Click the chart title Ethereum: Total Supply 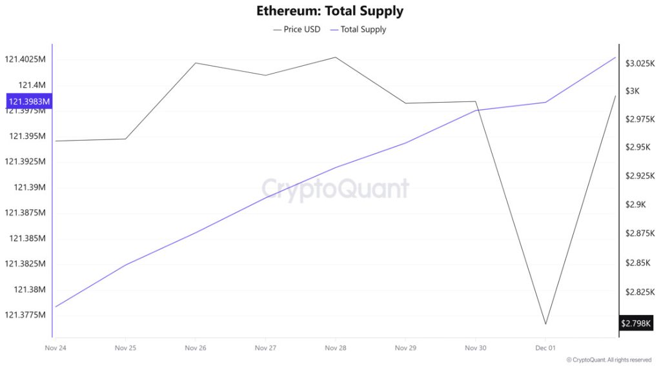tap(330, 11)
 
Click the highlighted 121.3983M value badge tap(28, 101)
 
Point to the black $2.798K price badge tap(636, 323)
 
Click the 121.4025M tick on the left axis tap(25, 59)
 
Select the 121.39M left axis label tap(27, 187)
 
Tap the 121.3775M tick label tap(25, 315)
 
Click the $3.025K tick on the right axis tap(640, 63)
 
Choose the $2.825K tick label tap(640, 292)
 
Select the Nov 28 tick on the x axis tap(335, 348)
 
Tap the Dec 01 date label tap(545, 348)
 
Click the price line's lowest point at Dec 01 tap(545, 324)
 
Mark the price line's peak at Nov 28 tap(335, 57)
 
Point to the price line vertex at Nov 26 tap(195, 63)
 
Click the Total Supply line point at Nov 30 tap(476, 110)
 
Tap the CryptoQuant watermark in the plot tap(335, 188)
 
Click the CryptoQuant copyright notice tap(609, 360)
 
